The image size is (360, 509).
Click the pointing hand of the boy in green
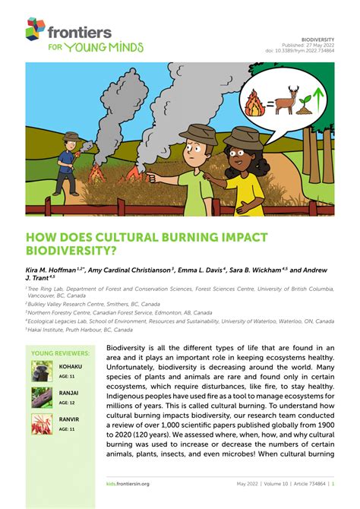click(149, 176)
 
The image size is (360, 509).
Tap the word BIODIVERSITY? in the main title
click(73, 249)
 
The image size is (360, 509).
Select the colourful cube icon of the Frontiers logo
click(35, 29)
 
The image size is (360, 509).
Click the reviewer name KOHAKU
click(70, 366)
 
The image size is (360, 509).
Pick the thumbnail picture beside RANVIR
click(42, 425)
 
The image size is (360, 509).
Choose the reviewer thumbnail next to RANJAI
click(42, 397)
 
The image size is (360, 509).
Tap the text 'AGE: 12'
click(67, 403)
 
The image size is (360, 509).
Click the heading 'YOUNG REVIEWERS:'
click(60, 353)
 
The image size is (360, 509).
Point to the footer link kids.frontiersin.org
click(128, 483)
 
